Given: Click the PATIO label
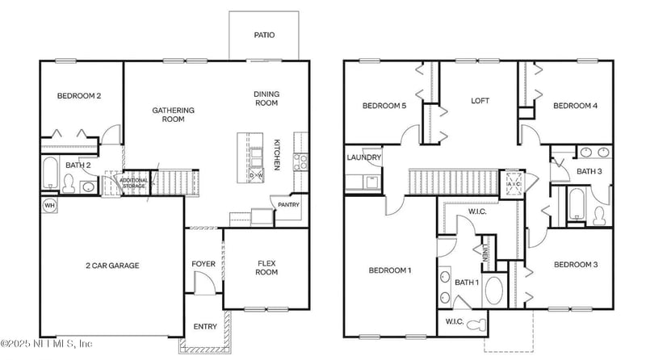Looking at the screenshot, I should [x=264, y=35].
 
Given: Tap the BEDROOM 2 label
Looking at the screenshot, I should [x=79, y=97].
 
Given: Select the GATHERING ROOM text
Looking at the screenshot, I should [x=174, y=115].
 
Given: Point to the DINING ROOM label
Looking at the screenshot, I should [x=266, y=98].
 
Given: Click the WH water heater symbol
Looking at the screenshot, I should [x=48, y=205].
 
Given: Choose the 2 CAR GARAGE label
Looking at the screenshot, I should [x=112, y=266].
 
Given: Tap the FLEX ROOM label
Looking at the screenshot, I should [x=267, y=268].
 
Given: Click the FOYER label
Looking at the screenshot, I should [x=203, y=264].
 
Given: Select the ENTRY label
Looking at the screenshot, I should [x=205, y=327].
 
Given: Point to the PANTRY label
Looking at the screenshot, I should [x=288, y=205].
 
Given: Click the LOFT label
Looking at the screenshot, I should [x=480, y=101].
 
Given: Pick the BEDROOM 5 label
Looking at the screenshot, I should [x=384, y=106].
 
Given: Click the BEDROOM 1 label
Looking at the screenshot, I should [x=390, y=270].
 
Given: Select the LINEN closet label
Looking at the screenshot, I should [x=486, y=256].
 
